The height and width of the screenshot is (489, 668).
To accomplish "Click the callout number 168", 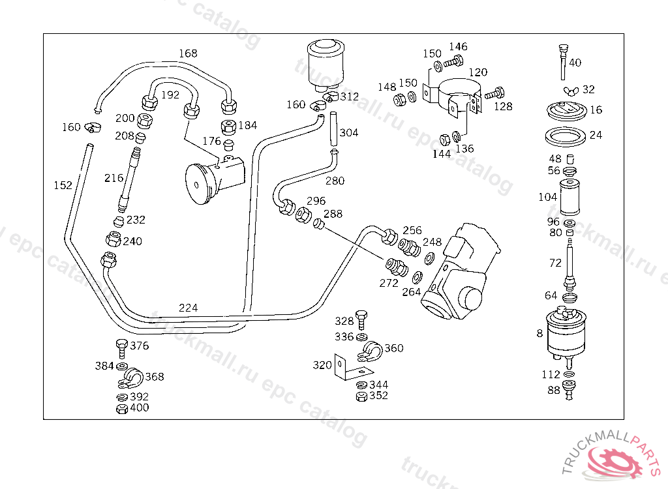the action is pyautogui.click(x=188, y=53).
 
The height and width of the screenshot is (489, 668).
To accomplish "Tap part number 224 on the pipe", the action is pyautogui.click(x=188, y=308).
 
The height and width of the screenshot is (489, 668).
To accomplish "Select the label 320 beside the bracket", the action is pyautogui.click(x=322, y=365).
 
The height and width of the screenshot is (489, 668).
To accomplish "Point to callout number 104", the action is pyautogui.click(x=548, y=197).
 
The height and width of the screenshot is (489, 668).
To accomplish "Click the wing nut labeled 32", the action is pyautogui.click(x=571, y=91).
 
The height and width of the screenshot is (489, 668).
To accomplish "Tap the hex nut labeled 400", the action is pyautogui.click(x=122, y=409).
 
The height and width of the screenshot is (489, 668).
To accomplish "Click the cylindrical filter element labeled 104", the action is pyautogui.click(x=569, y=198).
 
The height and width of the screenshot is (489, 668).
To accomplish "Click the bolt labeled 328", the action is pyautogui.click(x=361, y=320).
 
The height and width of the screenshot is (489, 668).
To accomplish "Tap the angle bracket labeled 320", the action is pyautogui.click(x=350, y=367).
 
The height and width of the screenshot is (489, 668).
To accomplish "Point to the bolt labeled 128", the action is pyautogui.click(x=494, y=93).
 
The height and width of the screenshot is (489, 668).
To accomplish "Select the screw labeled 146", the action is pyautogui.click(x=454, y=62).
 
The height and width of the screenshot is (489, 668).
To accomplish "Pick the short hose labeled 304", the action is pyautogui.click(x=334, y=128).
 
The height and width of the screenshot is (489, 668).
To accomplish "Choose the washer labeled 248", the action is pyautogui.click(x=429, y=258).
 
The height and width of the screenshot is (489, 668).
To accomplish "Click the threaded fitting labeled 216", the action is pyautogui.click(x=129, y=179).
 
